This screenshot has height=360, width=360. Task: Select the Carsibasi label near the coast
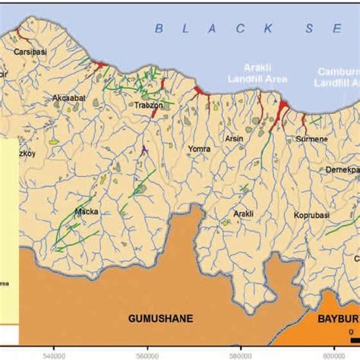coord(28,54)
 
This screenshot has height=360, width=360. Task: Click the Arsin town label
coord(234,139)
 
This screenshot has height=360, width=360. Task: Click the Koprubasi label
coord(313,215)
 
